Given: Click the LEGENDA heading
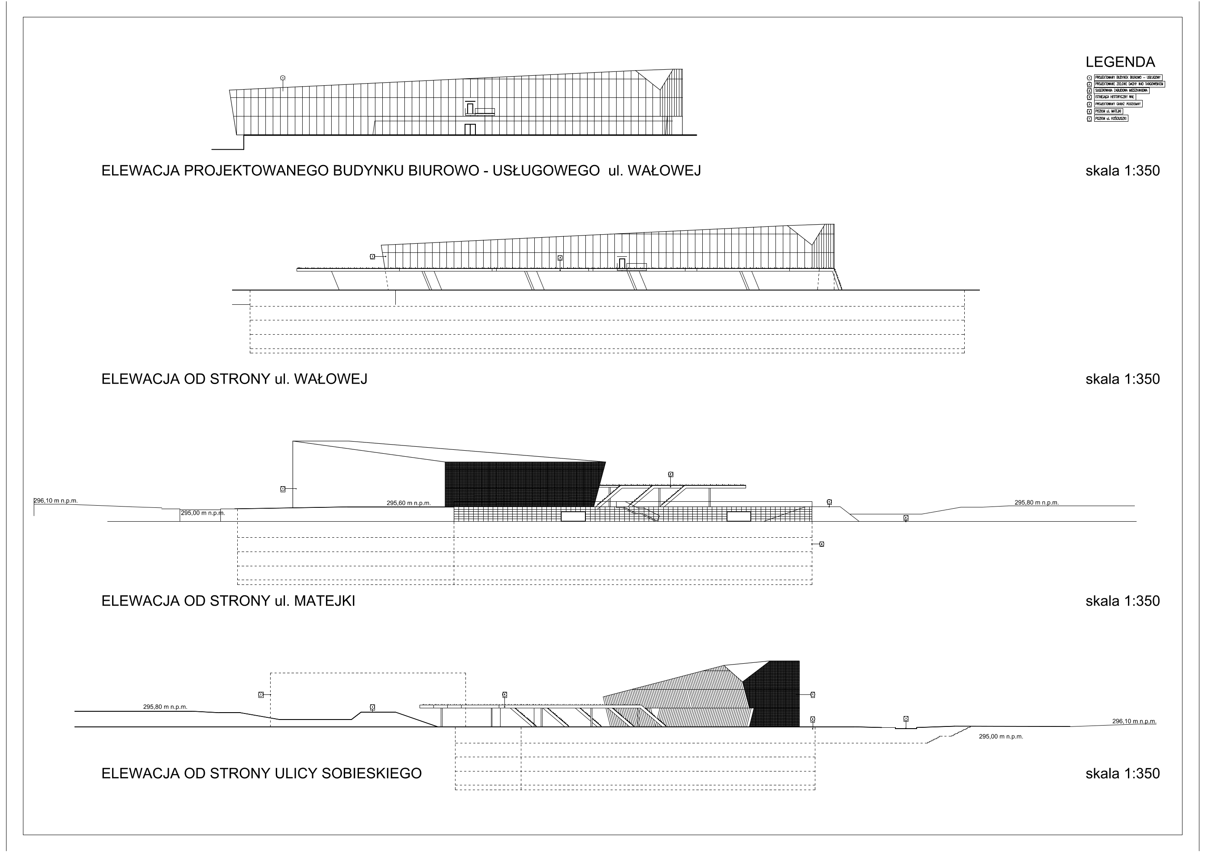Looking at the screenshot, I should (1120, 62).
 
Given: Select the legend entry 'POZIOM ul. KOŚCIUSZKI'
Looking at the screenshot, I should (1111, 119).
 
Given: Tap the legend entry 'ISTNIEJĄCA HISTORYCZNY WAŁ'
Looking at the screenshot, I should (1115, 97).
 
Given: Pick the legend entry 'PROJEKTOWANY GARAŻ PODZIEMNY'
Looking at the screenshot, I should (1118, 104).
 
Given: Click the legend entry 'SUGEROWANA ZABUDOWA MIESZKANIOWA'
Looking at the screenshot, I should (1121, 91).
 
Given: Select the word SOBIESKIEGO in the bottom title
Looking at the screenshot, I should (371, 774).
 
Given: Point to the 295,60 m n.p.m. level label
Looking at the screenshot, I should (408, 503).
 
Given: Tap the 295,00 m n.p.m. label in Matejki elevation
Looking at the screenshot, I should (203, 513).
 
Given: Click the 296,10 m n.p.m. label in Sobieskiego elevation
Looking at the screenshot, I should (1134, 721).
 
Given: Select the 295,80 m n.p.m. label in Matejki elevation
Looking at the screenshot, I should (1036, 503).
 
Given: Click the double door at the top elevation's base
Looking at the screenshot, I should (470, 129).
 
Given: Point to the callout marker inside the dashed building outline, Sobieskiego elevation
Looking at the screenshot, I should (372, 707).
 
